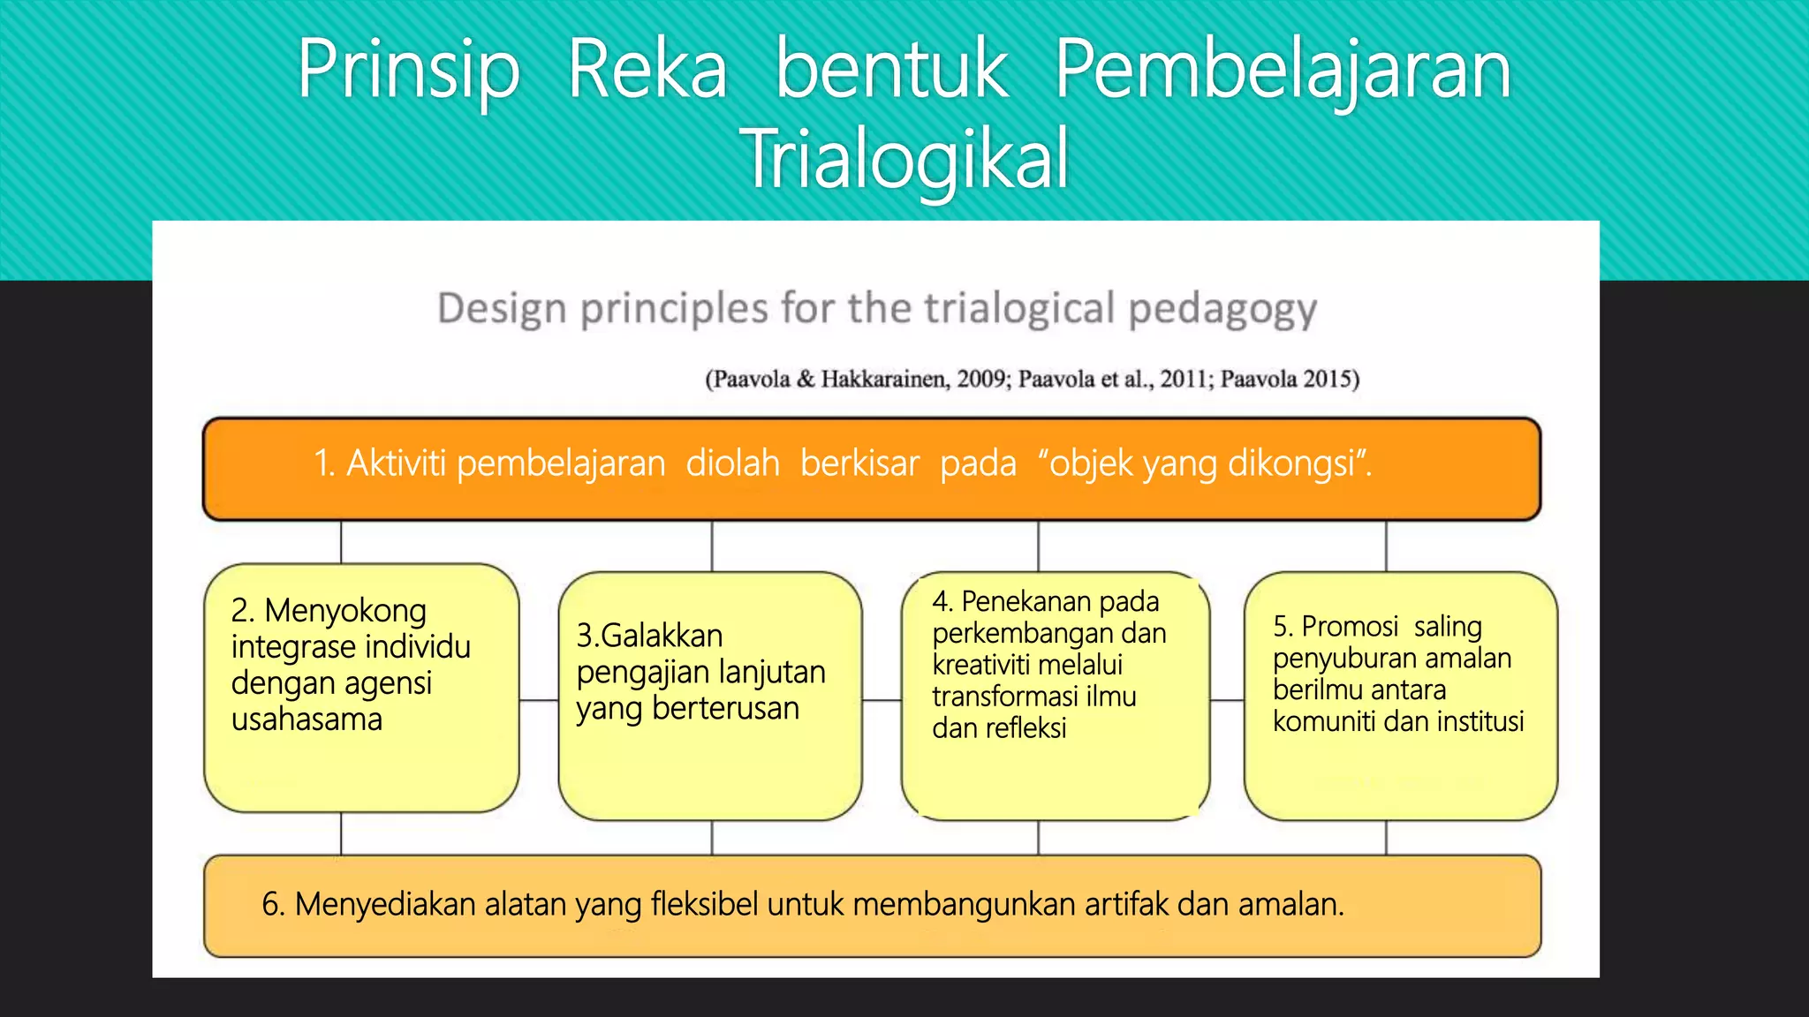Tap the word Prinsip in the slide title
[x=408, y=71]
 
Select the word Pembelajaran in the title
[x=1283, y=71]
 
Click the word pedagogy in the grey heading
[x=1222, y=309]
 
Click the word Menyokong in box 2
[x=345, y=611]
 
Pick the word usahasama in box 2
[x=307, y=719]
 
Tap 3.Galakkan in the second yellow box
[x=649, y=636]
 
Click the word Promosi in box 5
[x=1350, y=627]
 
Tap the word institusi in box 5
[x=1480, y=722]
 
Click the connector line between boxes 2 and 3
[x=539, y=700]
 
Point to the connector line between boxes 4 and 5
[x=1227, y=700]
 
